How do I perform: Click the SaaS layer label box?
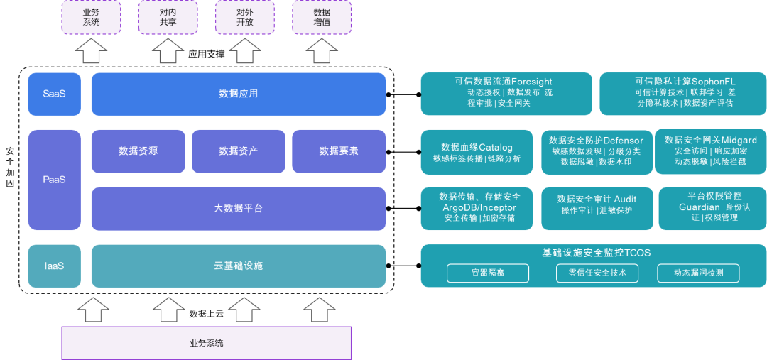pyautogui.click(x=54, y=94)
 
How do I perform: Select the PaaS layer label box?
pyautogui.click(x=54, y=180)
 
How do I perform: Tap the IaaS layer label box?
pyautogui.click(x=54, y=266)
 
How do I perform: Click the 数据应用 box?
pyautogui.click(x=239, y=94)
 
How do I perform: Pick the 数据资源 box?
pyautogui.click(x=138, y=151)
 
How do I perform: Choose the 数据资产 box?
pyautogui.click(x=238, y=151)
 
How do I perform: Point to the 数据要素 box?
pyautogui.click(x=339, y=151)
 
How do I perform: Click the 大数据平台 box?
pyautogui.click(x=239, y=209)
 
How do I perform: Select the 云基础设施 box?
pyautogui.click(x=239, y=266)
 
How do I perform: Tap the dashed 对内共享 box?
pyautogui.click(x=168, y=17)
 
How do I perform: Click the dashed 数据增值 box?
pyautogui.click(x=321, y=17)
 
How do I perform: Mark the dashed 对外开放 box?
pyautogui.click(x=244, y=17)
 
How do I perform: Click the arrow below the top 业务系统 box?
pyautogui.click(x=91, y=50)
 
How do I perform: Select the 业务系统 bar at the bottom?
pyautogui.click(x=207, y=343)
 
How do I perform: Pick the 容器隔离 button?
pyautogui.click(x=488, y=273)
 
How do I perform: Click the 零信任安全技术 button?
pyautogui.click(x=597, y=273)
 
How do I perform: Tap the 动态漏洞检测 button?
pyautogui.click(x=698, y=273)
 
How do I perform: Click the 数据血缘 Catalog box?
pyautogui.click(x=477, y=152)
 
